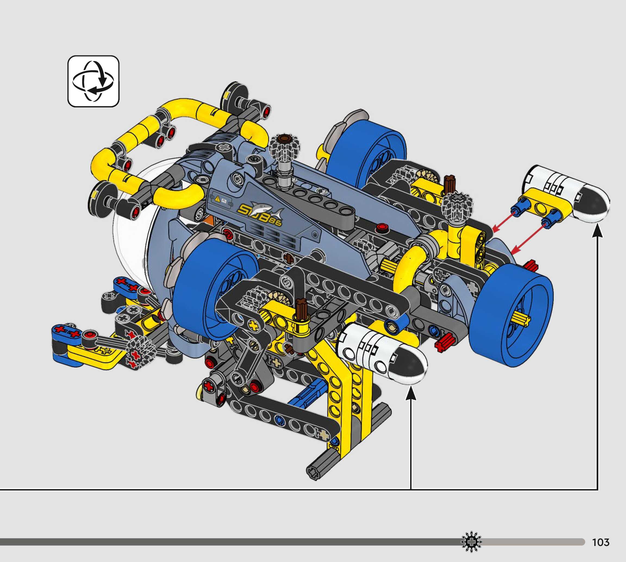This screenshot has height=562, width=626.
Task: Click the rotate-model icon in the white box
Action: [93, 81]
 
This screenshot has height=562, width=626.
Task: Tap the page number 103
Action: [600, 542]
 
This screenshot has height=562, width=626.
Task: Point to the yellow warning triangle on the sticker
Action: [217, 199]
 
